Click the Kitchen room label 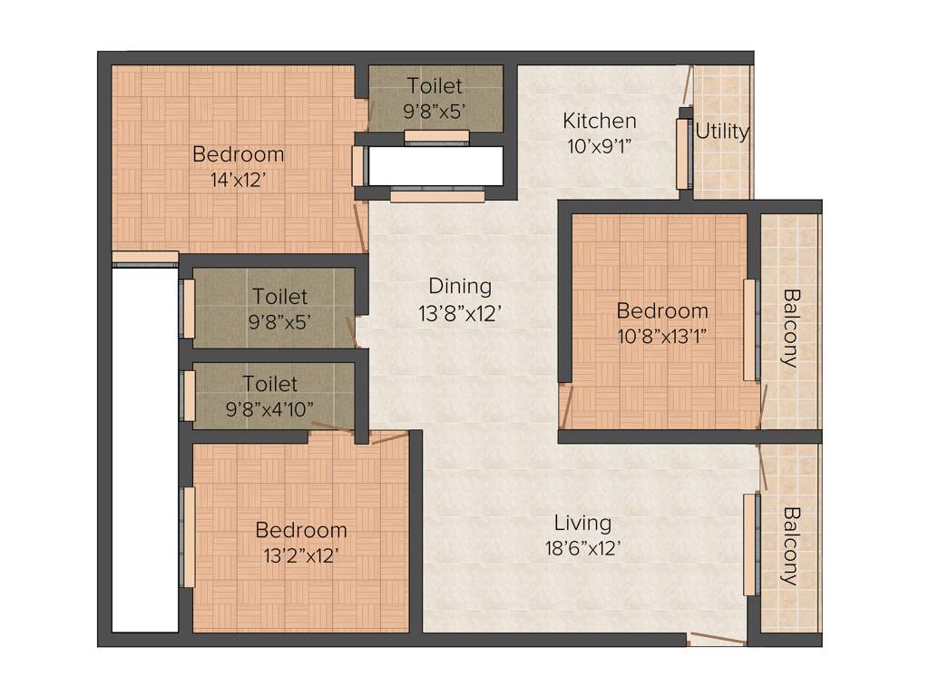599,121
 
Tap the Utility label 722,132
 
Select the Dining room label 460,287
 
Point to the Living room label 582,524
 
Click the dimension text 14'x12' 237,180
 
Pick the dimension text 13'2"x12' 300,555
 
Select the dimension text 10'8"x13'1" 661,335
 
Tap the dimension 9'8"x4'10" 269,408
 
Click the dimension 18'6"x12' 582,548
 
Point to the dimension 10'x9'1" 599,145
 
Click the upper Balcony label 790,328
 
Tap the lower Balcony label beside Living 790,545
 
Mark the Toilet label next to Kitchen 435,86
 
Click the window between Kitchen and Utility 683,153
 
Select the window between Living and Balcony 750,545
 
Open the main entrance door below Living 717,639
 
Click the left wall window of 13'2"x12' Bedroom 190,537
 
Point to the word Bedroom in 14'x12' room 238,154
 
